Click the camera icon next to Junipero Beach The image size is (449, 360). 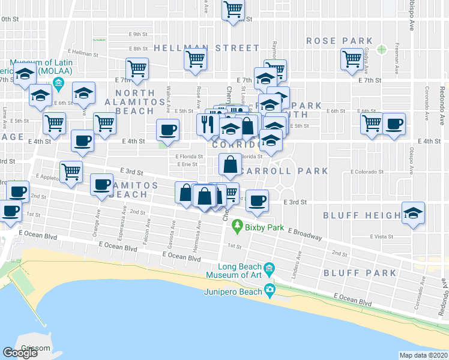(x=270, y=292)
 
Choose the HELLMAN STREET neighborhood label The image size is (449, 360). (x=206, y=48)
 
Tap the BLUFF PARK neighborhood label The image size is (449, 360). (x=360, y=273)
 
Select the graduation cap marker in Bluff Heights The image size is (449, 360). (x=412, y=214)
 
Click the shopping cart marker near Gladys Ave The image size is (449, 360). (x=351, y=59)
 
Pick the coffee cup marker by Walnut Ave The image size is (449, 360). (x=167, y=128)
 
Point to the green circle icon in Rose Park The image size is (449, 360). (x=381, y=49)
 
